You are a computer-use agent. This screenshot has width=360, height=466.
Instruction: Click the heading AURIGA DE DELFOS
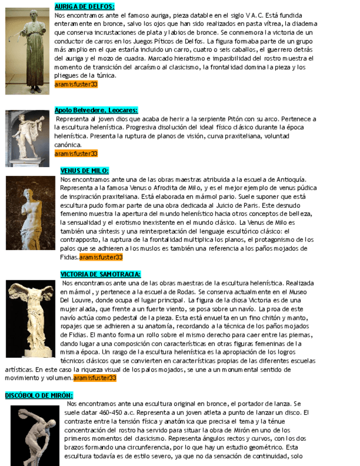click(x=84, y=7)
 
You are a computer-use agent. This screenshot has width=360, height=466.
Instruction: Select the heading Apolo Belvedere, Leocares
click(x=96, y=110)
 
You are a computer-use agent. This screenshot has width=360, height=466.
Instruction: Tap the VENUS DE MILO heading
click(x=84, y=171)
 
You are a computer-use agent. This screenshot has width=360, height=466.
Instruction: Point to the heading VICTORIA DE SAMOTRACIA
click(x=100, y=274)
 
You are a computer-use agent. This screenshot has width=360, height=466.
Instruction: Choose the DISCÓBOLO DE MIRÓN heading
click(x=39, y=395)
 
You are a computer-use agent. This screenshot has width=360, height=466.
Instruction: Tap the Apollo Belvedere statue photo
click(x=27, y=138)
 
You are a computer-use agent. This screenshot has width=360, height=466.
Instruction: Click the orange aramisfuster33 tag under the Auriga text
click(x=76, y=85)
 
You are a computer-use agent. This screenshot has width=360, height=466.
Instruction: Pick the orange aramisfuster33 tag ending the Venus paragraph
click(x=101, y=257)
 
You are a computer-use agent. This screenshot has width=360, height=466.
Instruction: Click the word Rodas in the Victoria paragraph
click(x=185, y=292)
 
